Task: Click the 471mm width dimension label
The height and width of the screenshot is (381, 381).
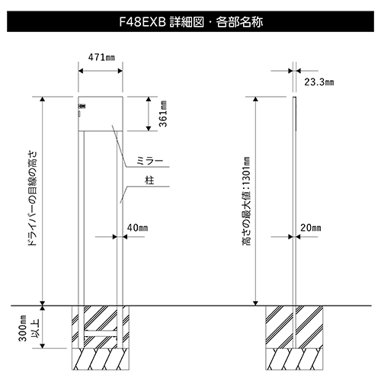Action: [101, 57]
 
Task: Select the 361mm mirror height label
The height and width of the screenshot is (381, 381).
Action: [163, 114]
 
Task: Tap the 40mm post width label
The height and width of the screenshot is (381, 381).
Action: [137, 228]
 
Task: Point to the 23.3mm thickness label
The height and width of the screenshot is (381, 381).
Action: [319, 82]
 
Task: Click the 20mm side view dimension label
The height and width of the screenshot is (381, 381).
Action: [310, 228]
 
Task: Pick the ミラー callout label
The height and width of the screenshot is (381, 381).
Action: [149, 161]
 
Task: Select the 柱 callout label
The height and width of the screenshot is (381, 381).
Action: [149, 181]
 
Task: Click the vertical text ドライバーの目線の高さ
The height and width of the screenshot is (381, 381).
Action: [33, 198]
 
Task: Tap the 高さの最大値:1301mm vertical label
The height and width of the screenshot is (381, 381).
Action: [246, 201]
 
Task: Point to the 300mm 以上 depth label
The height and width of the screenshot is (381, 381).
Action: [28, 328]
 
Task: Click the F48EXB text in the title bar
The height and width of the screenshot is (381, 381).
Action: [142, 22]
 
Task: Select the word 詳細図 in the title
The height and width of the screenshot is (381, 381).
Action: [187, 22]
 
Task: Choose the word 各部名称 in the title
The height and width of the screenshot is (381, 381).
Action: [239, 22]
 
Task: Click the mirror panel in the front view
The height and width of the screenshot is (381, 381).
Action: [101, 114]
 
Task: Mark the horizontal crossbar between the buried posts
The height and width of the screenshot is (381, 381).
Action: [101, 334]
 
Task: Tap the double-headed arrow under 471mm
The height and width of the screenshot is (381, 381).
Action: [101, 71]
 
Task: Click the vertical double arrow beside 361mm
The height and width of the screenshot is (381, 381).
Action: [149, 114]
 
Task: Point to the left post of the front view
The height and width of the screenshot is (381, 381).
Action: [81, 239]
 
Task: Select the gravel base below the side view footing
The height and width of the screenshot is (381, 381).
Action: [294, 359]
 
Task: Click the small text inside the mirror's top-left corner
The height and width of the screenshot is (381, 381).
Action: [82, 107]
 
